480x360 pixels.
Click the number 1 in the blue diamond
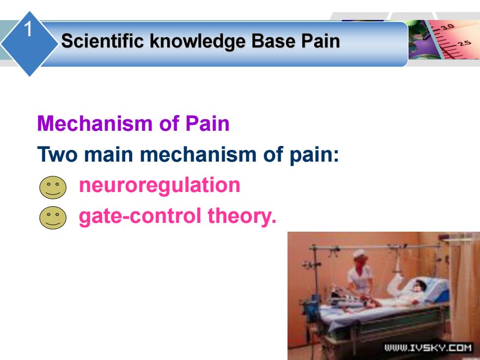point(28,29)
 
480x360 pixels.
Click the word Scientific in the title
point(102,41)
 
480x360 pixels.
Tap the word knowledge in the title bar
point(197,41)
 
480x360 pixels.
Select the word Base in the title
point(273,41)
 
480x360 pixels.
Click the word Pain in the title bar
point(320,41)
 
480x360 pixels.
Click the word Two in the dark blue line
point(57,154)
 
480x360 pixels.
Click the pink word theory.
point(242,216)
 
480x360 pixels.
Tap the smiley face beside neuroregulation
point(53,187)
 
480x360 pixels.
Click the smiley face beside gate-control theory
point(53,217)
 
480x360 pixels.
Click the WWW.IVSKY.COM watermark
point(428,348)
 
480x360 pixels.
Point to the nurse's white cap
point(359,254)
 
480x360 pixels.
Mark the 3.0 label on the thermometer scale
point(447,27)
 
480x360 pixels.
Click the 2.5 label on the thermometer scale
point(465,43)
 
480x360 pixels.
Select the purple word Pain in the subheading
point(207,123)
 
